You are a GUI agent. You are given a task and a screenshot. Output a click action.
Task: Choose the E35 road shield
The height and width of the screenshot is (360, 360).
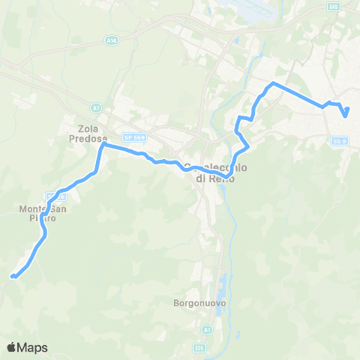[199, 348]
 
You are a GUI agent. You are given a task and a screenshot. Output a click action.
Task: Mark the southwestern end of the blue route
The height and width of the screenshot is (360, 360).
[13, 277]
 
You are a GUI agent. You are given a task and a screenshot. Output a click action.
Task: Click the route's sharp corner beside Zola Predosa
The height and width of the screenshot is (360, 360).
[103, 145]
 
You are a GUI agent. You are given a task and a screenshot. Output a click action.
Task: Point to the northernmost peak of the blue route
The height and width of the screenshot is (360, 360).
[273, 82]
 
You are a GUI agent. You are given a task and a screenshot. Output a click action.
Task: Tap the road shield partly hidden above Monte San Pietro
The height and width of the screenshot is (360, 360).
[61, 196]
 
